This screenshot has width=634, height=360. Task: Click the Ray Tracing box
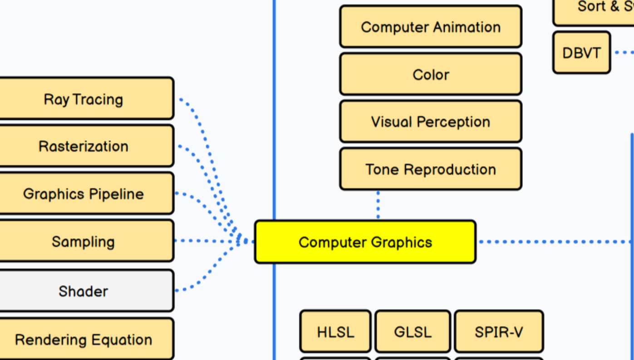pyautogui.click(x=84, y=99)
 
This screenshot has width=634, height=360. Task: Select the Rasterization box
pyautogui.click(x=84, y=146)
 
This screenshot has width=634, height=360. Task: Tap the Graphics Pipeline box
pyautogui.click(x=84, y=194)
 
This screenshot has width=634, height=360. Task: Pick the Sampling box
pyautogui.click(x=84, y=241)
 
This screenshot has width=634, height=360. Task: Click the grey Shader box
pyautogui.click(x=84, y=291)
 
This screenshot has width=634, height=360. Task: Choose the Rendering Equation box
pyautogui.click(x=84, y=339)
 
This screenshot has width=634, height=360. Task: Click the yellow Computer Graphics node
pyautogui.click(x=365, y=242)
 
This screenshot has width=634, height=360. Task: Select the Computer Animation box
pyautogui.click(x=430, y=27)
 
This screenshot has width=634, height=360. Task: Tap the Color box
pyautogui.click(x=430, y=74)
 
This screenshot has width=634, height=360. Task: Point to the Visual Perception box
pyautogui.click(x=430, y=122)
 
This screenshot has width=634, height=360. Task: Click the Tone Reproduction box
pyautogui.click(x=430, y=169)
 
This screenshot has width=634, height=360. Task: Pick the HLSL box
pyautogui.click(x=335, y=332)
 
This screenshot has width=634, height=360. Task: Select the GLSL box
pyautogui.click(x=413, y=332)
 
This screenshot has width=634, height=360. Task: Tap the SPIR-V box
pyautogui.click(x=498, y=332)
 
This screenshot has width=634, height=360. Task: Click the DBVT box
pyautogui.click(x=581, y=53)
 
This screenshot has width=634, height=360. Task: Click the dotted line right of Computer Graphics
pyautogui.click(x=554, y=242)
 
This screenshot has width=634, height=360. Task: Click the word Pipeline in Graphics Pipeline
pyautogui.click(x=116, y=194)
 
